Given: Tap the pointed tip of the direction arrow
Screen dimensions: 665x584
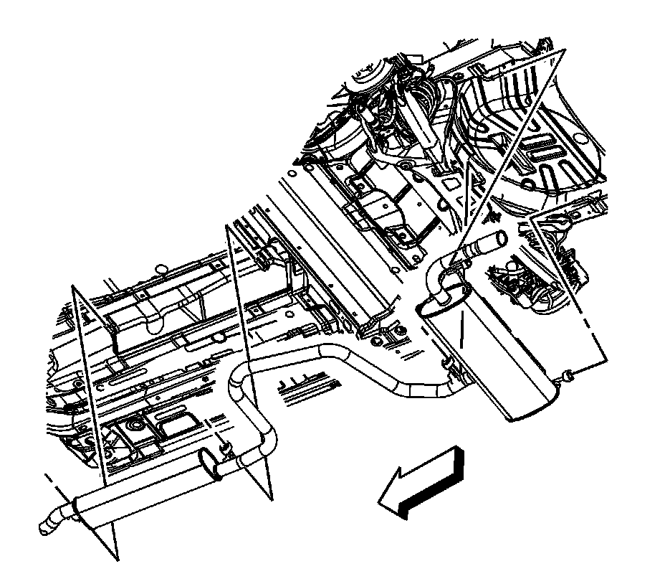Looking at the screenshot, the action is click(x=380, y=502).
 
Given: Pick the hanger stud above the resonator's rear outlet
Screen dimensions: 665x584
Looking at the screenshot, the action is click(x=227, y=448).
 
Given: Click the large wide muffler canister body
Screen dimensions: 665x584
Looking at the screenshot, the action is click(x=494, y=352).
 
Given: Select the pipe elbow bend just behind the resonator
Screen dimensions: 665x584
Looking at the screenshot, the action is click(x=267, y=438).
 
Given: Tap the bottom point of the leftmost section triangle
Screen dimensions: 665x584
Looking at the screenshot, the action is click(x=116, y=558).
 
